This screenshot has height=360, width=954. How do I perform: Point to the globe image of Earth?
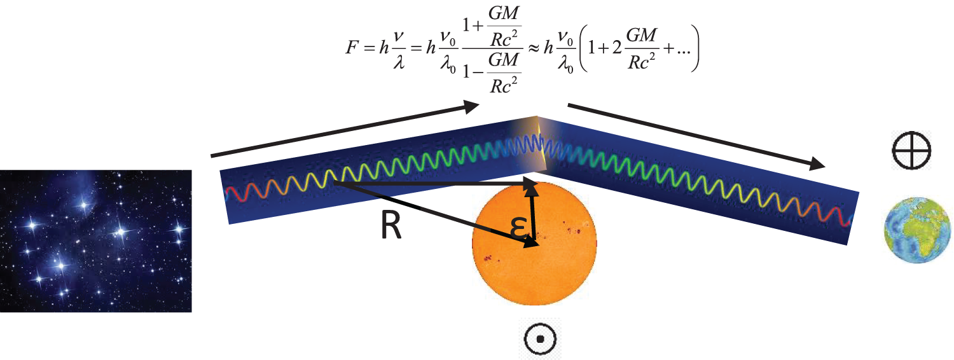click(916, 232)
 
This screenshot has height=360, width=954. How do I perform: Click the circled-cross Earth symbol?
click(912, 150)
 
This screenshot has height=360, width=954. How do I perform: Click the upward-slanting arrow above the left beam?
click(343, 130)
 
